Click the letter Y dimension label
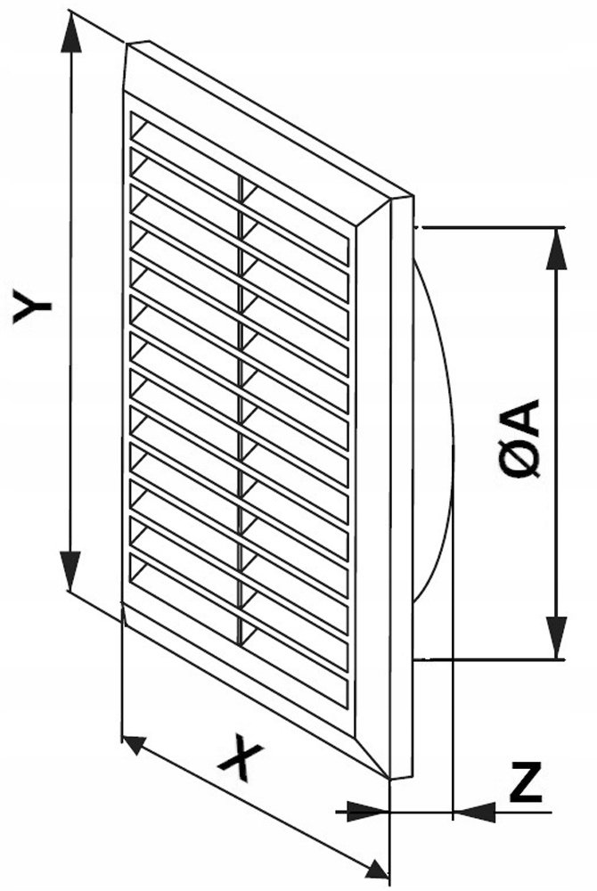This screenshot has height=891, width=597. point(32,307)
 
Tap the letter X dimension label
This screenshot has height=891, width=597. point(241,756)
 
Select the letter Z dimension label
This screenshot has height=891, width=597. point(526,782)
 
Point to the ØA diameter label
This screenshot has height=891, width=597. point(519,437)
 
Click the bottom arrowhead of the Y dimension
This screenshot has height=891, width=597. point(70,570)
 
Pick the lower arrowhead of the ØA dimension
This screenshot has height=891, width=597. point(557,637)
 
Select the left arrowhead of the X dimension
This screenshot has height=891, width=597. point(135,744)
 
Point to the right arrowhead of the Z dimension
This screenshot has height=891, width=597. point(474,812)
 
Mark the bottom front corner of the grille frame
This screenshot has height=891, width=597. point(389,778)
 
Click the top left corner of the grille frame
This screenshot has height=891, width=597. point(127,44)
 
